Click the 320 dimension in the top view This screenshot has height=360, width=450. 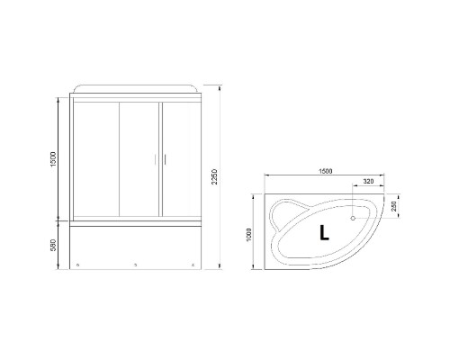369,183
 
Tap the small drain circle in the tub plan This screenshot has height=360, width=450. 352,218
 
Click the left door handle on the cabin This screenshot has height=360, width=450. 155,160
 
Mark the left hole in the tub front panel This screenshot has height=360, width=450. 79,265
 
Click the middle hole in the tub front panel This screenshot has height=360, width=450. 135,265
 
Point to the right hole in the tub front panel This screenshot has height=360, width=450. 191,265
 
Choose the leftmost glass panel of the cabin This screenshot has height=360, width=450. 93,157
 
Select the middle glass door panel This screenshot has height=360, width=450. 138,157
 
